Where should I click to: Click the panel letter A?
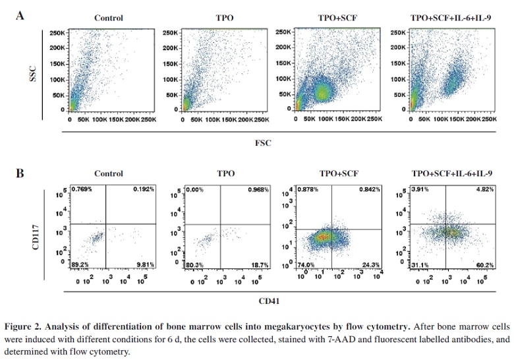(21, 15)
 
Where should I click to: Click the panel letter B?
(21, 173)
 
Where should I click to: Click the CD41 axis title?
(270, 301)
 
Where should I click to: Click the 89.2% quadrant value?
(82, 264)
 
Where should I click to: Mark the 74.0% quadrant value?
(306, 264)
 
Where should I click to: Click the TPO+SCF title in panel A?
(337, 18)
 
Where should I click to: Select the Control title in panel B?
(108, 174)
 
